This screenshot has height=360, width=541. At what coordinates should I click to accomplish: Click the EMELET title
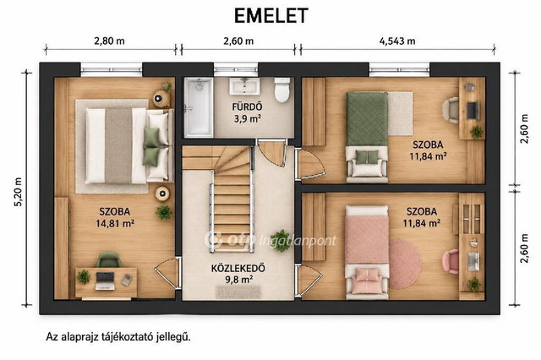point(270,16)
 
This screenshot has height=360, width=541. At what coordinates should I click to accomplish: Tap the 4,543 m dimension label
point(397,41)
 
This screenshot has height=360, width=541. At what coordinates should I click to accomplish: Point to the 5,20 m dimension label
point(18,192)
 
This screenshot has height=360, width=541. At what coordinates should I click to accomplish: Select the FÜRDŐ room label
point(247,106)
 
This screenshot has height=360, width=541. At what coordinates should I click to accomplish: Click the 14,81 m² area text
point(115,223)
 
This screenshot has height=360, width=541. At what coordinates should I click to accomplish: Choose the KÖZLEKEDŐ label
point(238,268)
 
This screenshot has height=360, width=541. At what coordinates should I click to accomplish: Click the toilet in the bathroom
point(281,90)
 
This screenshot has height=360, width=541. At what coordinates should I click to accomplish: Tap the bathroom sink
point(244,86)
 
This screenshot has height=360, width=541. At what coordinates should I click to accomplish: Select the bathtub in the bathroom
point(199,106)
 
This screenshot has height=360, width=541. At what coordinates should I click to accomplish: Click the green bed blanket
point(367,119)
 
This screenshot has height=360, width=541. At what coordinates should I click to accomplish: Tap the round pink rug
point(406,264)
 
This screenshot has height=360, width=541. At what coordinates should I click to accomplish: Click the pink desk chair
point(451,261)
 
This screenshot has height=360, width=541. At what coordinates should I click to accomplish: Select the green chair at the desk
point(109,260)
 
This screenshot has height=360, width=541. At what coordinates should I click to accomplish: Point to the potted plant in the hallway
point(281,240)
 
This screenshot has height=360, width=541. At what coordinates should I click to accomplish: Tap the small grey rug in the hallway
point(238,292)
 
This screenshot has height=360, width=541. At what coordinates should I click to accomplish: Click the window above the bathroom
point(236,69)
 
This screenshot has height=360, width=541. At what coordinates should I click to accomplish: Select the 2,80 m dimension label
point(109,41)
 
